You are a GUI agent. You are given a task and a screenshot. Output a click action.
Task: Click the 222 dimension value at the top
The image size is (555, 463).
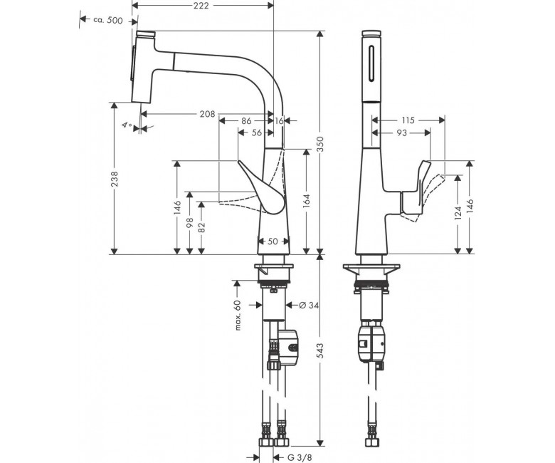[201, 6]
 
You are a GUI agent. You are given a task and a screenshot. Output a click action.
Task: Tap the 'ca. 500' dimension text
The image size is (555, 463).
[108, 20]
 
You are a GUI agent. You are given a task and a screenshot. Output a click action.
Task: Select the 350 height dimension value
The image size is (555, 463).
[320, 144]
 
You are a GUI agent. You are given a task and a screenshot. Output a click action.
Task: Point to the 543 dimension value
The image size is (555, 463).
[320, 350]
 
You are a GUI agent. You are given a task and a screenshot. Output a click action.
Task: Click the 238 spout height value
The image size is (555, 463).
[115, 179]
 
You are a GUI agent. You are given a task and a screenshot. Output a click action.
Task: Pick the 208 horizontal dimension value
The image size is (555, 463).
[207, 114]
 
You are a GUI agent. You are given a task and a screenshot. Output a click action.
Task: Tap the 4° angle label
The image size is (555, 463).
[127, 125]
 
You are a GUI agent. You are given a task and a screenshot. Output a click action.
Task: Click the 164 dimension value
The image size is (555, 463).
[306, 202]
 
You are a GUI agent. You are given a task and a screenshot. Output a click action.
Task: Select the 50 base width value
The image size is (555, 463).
[273, 241]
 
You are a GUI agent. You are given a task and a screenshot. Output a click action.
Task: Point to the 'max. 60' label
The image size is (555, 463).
[238, 316]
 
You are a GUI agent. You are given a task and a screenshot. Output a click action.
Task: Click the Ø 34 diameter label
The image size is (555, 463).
[309, 305]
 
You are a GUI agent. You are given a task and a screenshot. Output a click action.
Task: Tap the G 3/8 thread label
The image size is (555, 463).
[300, 458]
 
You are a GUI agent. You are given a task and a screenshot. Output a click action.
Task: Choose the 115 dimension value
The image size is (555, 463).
[408, 120]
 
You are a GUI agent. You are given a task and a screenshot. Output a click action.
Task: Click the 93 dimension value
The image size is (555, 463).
[401, 132]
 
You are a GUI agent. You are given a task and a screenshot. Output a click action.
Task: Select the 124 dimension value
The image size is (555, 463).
[458, 213]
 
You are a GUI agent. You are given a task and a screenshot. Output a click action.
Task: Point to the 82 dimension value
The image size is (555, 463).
[201, 227]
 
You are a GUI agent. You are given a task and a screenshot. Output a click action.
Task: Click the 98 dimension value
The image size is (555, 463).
[190, 223]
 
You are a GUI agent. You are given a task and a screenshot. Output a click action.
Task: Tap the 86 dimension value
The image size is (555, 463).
[246, 121]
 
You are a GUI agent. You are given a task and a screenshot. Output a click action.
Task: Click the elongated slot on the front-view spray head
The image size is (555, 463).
[371, 65]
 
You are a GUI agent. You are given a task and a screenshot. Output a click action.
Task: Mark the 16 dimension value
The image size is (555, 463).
[279, 121]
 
